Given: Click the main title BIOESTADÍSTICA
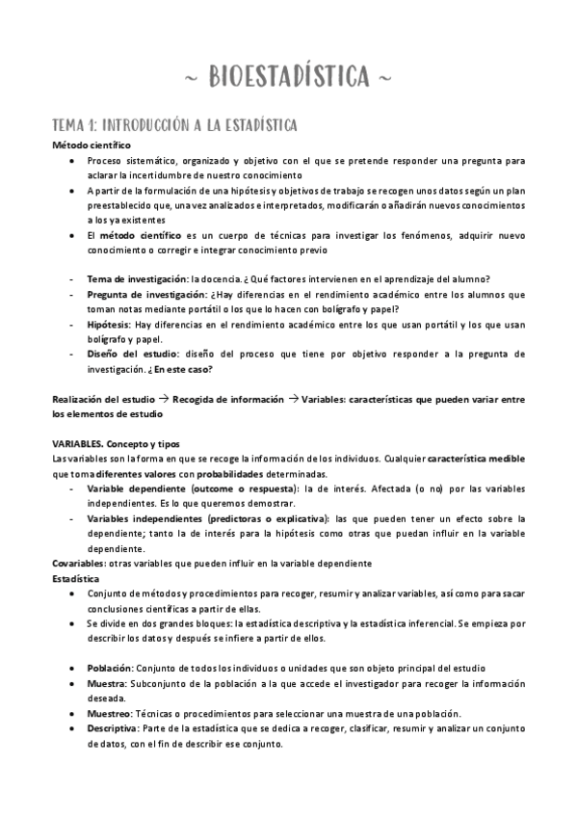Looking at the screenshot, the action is pyautogui.click(x=288, y=74).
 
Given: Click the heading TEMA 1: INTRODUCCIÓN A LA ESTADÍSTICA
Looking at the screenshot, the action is pyautogui.click(x=173, y=125).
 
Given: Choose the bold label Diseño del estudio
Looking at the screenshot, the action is pyautogui.click(x=127, y=355).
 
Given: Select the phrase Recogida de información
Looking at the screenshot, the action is pyautogui.click(x=228, y=398).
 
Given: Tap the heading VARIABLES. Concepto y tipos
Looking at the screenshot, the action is pyautogui.click(x=116, y=442).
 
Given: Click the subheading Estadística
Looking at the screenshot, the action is pyautogui.click(x=76, y=578).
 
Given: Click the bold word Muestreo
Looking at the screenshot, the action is pyautogui.click(x=110, y=713).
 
